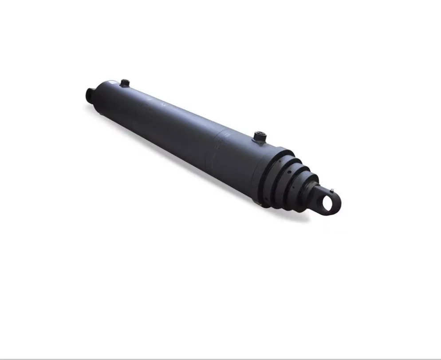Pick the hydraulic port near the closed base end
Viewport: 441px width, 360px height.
click(x=125, y=83)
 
